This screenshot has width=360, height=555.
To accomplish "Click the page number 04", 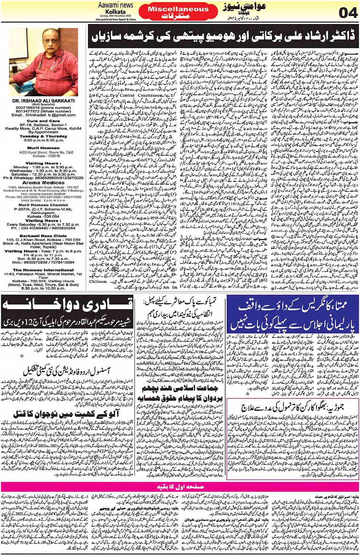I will [348, 13].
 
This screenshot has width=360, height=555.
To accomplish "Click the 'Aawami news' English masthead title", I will [115, 5].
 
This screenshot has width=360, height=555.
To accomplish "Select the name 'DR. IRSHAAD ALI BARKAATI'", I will [43, 101].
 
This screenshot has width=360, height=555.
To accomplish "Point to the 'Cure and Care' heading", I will [43, 121].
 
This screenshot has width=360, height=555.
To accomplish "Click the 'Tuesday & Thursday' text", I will [43, 136].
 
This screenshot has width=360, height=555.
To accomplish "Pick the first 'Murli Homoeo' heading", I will [44, 148].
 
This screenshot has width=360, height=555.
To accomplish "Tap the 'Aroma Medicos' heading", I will [43, 183].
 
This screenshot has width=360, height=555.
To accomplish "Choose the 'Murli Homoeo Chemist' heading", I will [43, 205].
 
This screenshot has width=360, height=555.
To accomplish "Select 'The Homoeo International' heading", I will [43, 270].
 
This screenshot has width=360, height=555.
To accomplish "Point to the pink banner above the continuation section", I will [180, 486].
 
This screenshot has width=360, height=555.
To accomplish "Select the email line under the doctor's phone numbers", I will [43, 115].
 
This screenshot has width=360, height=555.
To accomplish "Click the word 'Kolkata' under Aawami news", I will [115, 11].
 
